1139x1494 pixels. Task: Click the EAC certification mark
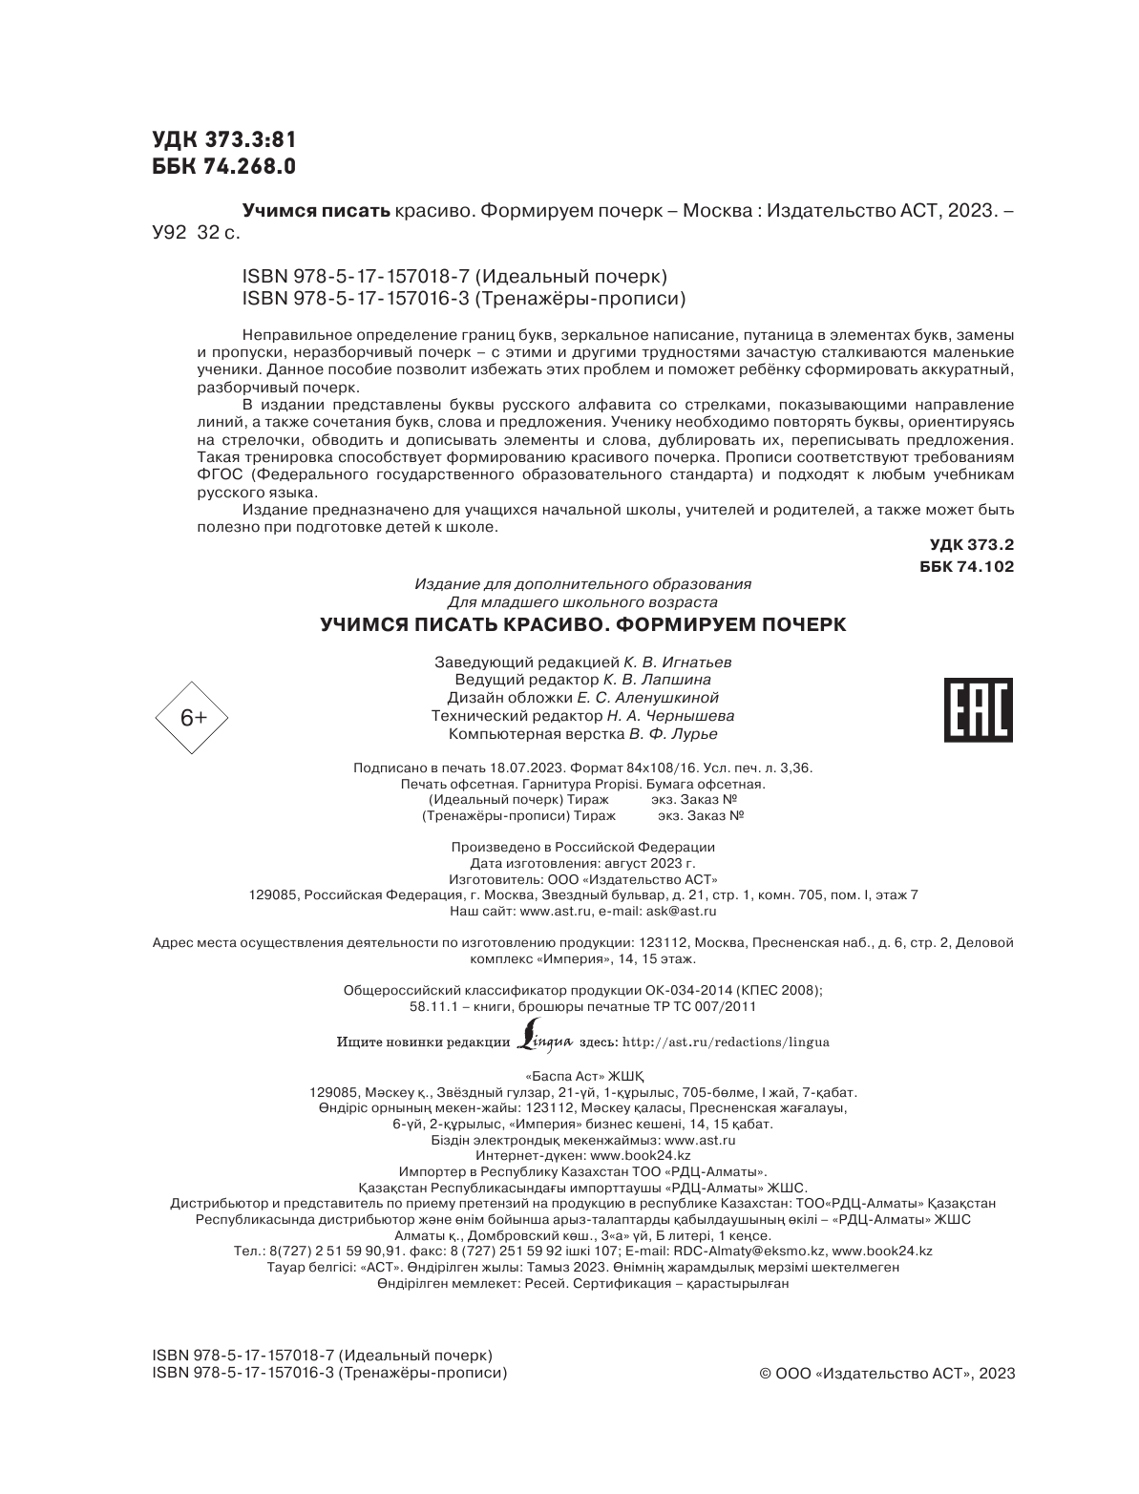tap(978, 710)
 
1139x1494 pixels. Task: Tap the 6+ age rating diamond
tap(194, 717)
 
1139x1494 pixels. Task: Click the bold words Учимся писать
tap(316, 210)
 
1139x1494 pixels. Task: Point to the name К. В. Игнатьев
tap(679, 662)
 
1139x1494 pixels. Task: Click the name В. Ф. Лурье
tap(672, 734)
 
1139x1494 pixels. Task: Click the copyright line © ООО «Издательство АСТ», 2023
tap(886, 1374)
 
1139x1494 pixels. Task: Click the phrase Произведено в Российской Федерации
tap(582, 847)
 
